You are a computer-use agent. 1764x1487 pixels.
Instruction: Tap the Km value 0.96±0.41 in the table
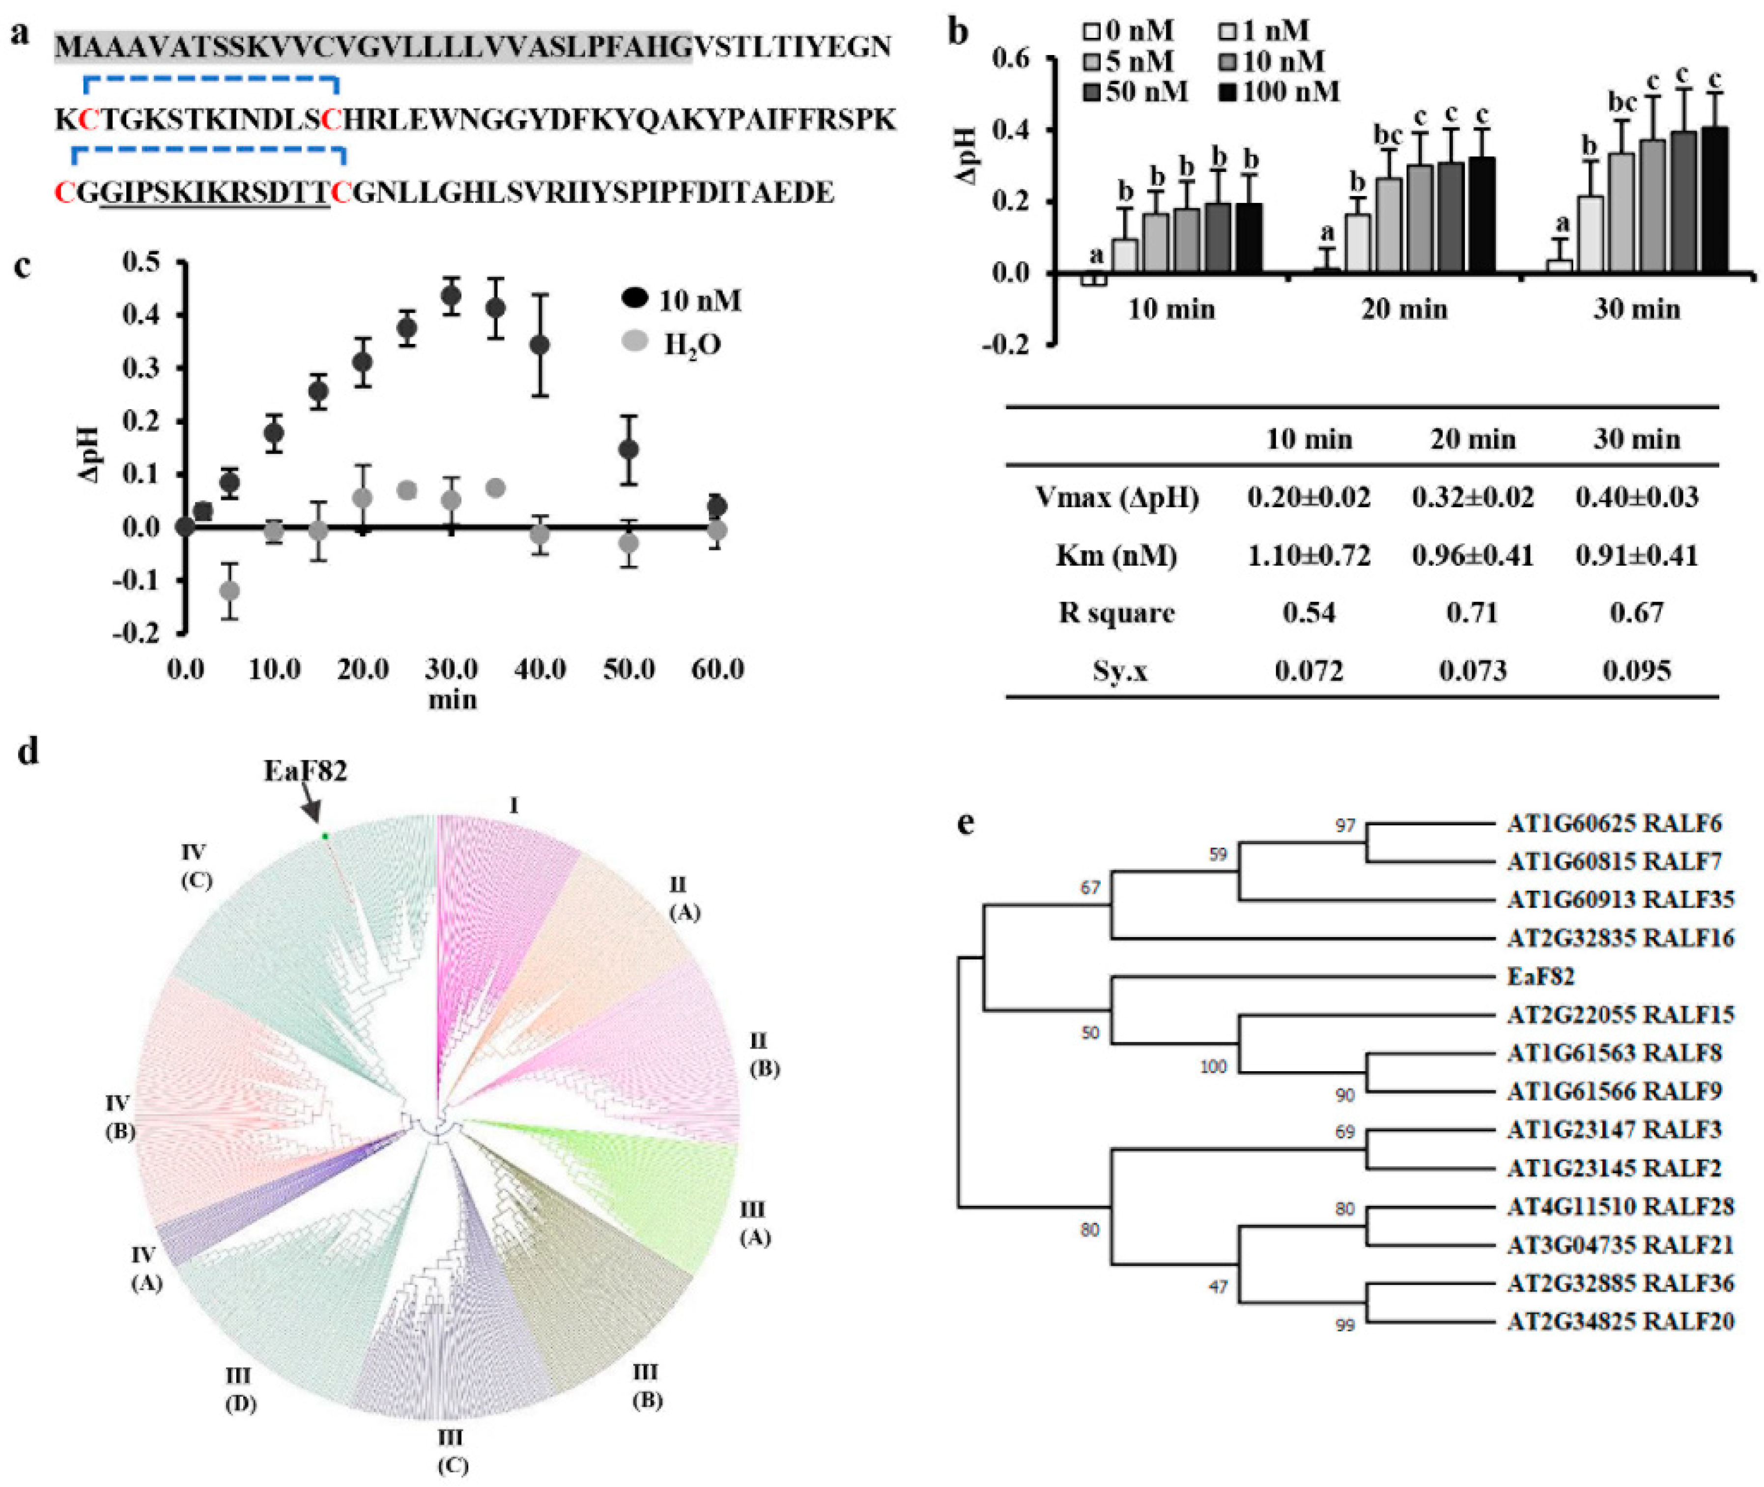(1473, 555)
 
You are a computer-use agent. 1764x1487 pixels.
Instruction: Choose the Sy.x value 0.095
(1636, 670)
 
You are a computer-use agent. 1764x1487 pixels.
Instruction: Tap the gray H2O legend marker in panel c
(635, 342)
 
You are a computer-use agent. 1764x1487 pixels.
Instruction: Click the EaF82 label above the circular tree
(305, 771)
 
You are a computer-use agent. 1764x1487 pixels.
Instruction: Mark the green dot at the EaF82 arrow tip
(324, 835)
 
